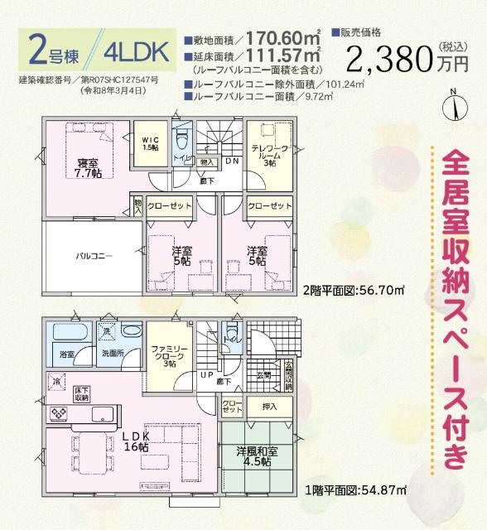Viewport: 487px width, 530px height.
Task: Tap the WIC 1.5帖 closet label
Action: [150, 143]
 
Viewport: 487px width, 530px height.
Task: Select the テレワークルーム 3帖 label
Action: [269, 153]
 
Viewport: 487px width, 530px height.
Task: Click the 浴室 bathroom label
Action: [66, 355]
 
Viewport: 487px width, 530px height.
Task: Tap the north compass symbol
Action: [453, 105]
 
